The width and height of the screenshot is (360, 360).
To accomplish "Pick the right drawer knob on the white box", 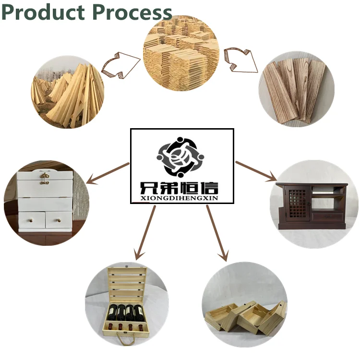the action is [60, 220].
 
